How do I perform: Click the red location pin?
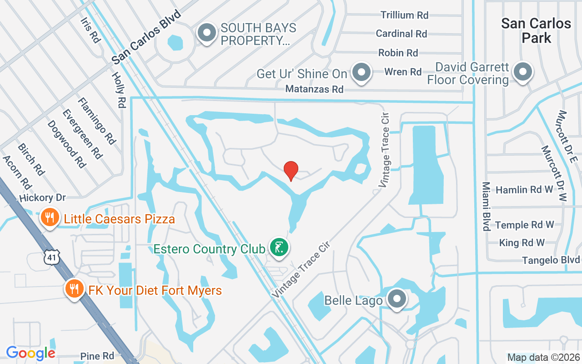[x=291, y=171]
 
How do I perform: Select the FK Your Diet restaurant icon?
[x=73, y=288]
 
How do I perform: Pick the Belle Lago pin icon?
[x=397, y=299]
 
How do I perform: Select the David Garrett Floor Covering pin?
[x=523, y=72]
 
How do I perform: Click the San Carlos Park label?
[x=536, y=30]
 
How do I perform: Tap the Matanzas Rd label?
[x=314, y=89]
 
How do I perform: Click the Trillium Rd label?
[x=404, y=15]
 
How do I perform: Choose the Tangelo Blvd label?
[x=551, y=260]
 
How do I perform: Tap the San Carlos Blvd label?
[x=146, y=37]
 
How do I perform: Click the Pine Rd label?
[x=97, y=356]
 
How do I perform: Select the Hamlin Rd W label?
[x=524, y=190]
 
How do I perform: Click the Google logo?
[x=31, y=353]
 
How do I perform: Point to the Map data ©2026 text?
[x=543, y=357]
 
